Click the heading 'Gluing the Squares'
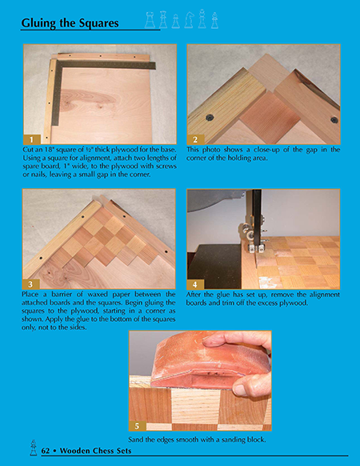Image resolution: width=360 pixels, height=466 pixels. (x=70, y=23)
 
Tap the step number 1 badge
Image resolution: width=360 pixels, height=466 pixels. (x=32, y=139)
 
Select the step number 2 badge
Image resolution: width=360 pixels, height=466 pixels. (x=195, y=139)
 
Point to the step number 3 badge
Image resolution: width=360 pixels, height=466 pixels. (x=31, y=284)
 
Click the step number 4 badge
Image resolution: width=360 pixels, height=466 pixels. (x=195, y=284)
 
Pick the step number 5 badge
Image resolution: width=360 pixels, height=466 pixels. (x=138, y=426)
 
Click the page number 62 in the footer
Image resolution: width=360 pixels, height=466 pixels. (x=46, y=451)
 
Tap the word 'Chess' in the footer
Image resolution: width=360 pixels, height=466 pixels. (x=104, y=451)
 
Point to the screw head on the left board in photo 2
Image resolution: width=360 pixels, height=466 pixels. (x=210, y=118)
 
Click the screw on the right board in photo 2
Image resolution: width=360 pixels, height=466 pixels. (x=334, y=120)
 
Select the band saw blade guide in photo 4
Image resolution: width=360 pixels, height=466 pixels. (x=254, y=238)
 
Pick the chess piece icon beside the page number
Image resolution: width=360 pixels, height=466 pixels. (x=34, y=448)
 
